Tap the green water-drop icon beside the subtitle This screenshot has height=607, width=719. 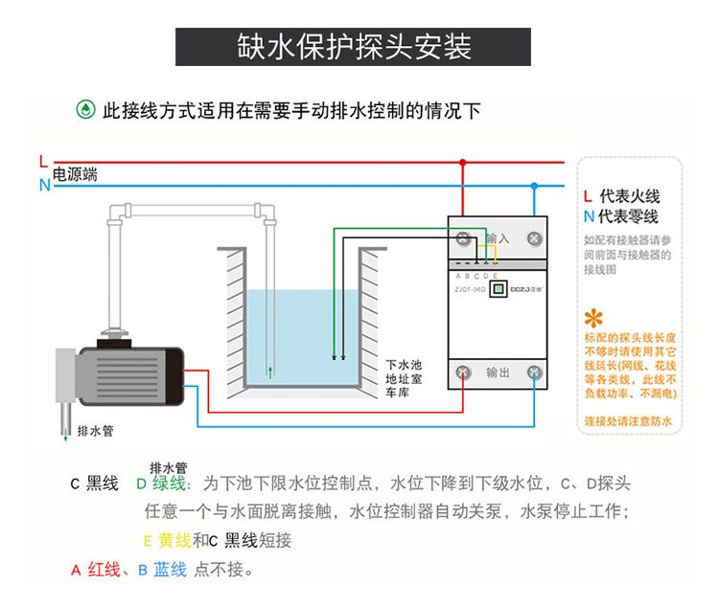coord(85,110)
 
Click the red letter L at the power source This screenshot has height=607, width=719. coord(43,160)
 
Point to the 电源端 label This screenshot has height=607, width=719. coord(75,174)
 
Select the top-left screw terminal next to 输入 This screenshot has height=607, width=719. coord(464,238)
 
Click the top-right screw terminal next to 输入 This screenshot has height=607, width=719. coord(534,238)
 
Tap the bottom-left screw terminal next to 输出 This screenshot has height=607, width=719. coord(464,371)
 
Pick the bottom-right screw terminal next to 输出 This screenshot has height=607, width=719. coord(534,371)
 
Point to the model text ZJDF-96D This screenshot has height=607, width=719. coord(470,285)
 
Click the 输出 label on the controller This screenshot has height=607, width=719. coord(499,371)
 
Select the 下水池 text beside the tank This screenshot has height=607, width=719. coord(404,364)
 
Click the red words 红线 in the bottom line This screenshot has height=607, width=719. coord(104,571)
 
